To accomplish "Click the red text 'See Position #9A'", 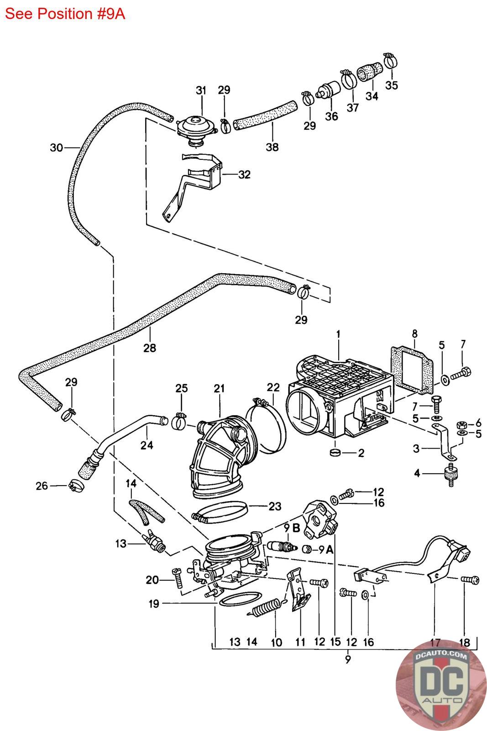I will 65,14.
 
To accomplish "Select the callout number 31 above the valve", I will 201,90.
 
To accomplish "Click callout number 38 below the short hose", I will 272,147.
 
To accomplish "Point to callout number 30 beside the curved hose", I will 56,148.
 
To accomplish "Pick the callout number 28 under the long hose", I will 149,348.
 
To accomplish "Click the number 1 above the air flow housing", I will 338,334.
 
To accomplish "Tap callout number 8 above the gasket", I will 414,334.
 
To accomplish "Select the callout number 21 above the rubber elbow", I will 220,388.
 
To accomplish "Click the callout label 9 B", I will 291,529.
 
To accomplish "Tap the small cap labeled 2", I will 335,453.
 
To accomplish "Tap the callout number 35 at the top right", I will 391,85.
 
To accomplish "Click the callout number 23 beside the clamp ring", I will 275,506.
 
